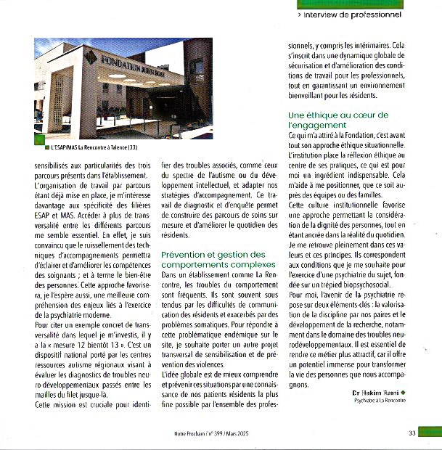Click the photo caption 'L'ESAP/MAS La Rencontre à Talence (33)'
tap(94, 148)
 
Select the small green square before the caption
tap(47, 148)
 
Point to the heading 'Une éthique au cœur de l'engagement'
tap(338, 120)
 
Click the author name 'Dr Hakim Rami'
tap(365, 393)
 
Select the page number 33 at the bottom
tap(412, 433)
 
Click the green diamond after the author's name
tap(393, 393)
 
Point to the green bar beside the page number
tap(431, 433)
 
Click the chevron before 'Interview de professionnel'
tap(300, 14)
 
